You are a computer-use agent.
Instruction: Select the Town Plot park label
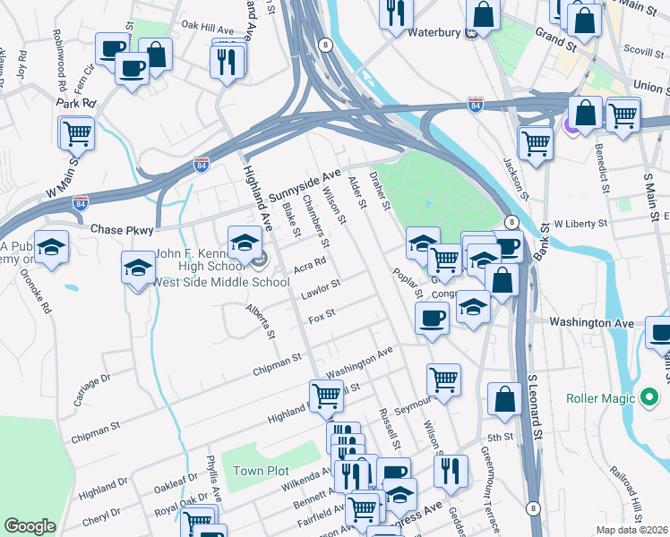click(258, 471)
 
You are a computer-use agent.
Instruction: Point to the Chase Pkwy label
click(125, 231)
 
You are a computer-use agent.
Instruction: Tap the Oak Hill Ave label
click(207, 26)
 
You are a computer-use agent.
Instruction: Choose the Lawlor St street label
click(321, 287)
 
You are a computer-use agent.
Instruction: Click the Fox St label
click(321, 315)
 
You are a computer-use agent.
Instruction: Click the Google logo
click(30, 526)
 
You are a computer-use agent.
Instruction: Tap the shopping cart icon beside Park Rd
click(77, 133)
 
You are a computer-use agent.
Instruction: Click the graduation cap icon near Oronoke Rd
click(52, 247)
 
